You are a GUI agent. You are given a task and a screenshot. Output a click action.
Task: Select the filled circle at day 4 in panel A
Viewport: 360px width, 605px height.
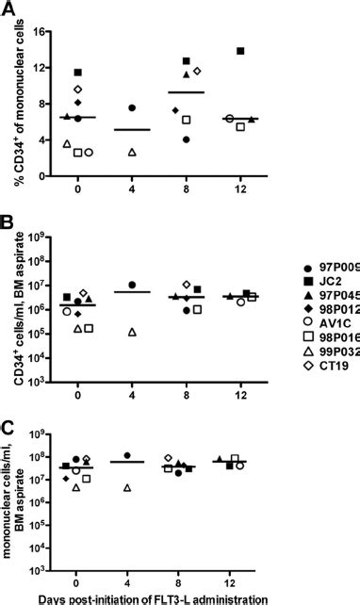click(132, 108)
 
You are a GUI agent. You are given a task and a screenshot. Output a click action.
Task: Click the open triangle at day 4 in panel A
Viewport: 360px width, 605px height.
click(132, 152)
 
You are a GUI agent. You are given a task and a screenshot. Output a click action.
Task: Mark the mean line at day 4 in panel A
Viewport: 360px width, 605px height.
click(132, 130)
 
